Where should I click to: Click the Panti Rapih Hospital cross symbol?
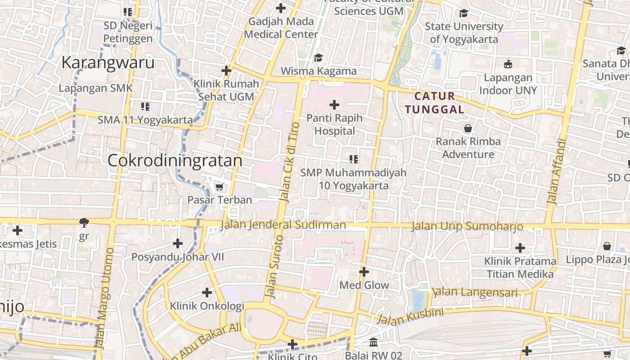click(334, 105)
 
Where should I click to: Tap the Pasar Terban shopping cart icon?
click(219, 187)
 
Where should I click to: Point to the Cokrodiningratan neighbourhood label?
click(175, 161)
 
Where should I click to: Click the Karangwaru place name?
click(108, 63)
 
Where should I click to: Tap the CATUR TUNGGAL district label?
click(435, 103)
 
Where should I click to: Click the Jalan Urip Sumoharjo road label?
click(467, 226)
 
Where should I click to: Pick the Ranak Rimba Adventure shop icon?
click(468, 128)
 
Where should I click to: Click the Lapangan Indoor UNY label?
click(508, 84)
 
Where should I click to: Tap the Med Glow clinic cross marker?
click(364, 272)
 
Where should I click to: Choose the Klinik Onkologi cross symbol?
click(207, 293)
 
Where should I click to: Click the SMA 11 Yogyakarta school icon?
click(145, 107)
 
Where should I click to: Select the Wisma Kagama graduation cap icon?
click(319, 58)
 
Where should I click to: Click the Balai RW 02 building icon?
click(373, 342)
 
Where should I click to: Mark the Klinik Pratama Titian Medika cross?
click(520, 248)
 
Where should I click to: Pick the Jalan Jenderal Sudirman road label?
click(283, 225)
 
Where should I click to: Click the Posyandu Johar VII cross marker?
click(178, 244)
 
